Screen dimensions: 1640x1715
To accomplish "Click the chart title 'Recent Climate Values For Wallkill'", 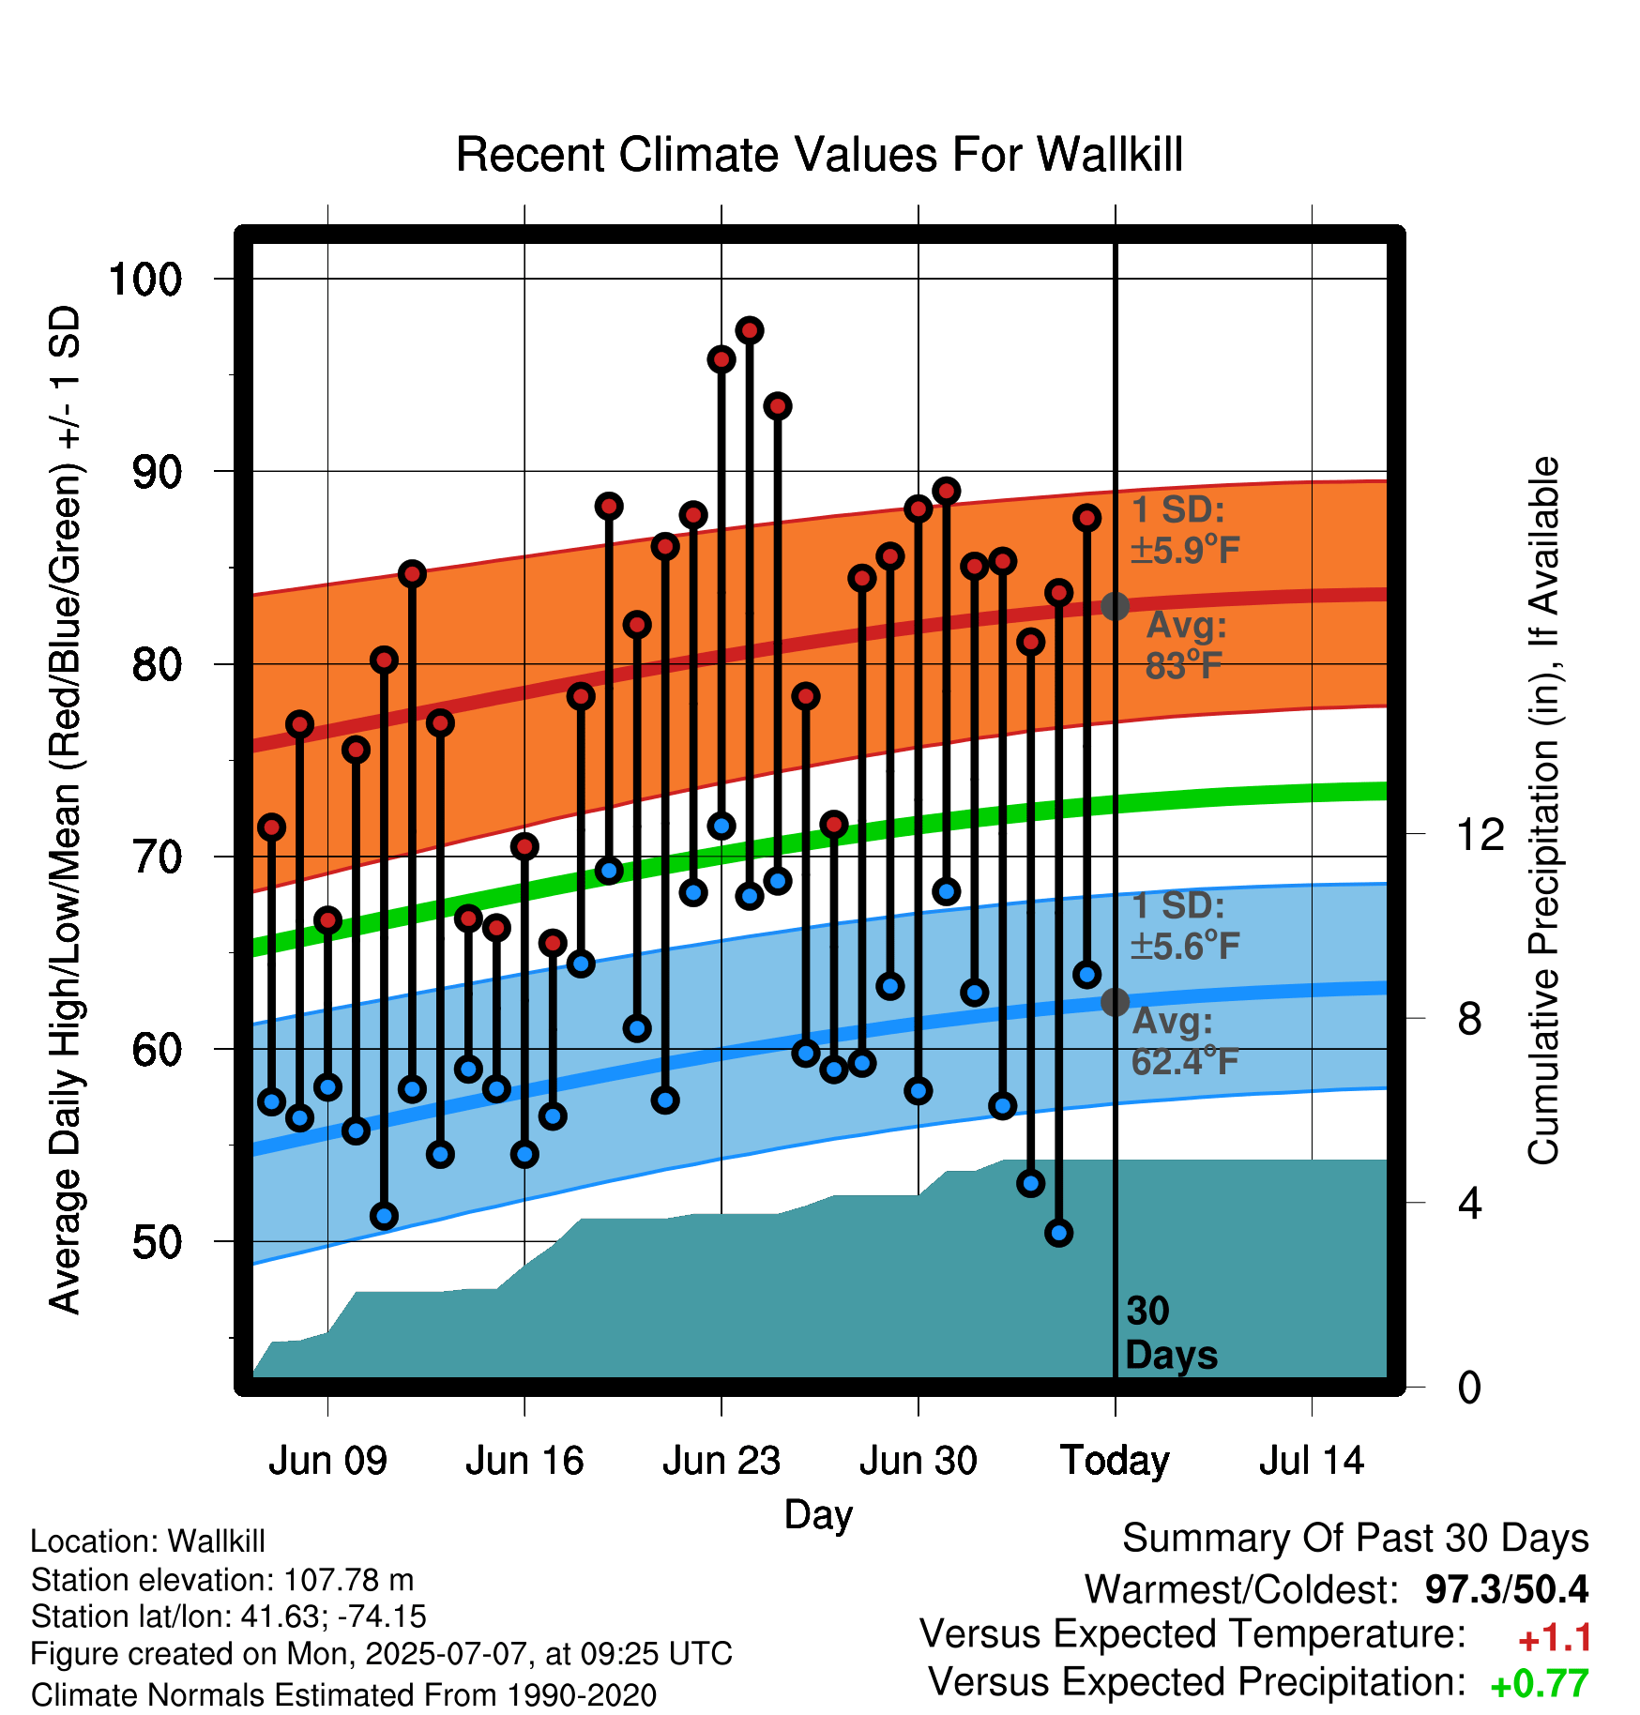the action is click(819, 155).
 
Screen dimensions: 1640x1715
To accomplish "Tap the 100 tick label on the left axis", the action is click(145, 279).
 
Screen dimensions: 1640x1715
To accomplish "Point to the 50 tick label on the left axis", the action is click(157, 1242).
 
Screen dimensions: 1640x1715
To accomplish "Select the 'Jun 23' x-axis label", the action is click(721, 1461).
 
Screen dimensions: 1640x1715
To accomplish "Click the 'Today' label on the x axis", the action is click(1115, 1462).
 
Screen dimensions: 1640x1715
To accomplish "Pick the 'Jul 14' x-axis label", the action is click(1312, 1461).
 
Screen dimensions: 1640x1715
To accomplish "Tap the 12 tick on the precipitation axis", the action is click(1481, 833).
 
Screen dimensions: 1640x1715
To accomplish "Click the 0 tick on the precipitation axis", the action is click(1469, 1387).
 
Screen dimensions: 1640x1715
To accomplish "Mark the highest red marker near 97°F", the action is click(750, 330).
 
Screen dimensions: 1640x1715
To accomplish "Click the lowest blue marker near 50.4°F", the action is click(1059, 1233).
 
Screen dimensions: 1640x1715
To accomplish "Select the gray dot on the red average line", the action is click(1115, 606).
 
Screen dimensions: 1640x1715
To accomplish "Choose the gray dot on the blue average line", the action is click(1115, 1002).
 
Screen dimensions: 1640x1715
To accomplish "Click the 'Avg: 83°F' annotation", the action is click(1186, 645).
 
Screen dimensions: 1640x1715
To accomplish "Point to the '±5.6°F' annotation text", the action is click(1185, 946).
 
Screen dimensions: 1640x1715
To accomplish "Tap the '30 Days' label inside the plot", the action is click(1171, 1333).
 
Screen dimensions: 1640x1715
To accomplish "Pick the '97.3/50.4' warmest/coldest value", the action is click(1507, 1589).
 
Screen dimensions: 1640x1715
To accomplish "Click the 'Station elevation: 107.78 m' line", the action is click(222, 1580).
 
